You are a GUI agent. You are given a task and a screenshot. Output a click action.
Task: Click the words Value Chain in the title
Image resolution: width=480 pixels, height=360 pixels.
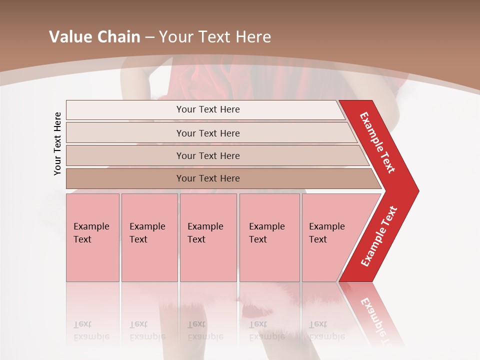tap(94, 37)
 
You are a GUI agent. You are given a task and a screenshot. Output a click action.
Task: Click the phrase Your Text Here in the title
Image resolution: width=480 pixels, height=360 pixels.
tap(215, 37)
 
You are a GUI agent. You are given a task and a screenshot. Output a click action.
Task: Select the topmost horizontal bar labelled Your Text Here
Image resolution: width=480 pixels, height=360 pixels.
tap(208, 109)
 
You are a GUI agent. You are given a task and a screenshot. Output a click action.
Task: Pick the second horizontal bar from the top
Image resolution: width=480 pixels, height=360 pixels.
tap(208, 133)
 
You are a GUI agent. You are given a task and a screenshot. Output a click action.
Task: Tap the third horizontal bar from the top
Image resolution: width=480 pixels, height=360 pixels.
tap(208, 155)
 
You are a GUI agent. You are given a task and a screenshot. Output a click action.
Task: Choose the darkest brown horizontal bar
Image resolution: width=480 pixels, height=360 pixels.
tap(208, 178)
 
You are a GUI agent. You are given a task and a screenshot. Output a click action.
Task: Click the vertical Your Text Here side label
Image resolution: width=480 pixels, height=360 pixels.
tap(57, 143)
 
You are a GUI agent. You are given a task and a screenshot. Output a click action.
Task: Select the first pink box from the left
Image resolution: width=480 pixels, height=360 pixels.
tap(92, 237)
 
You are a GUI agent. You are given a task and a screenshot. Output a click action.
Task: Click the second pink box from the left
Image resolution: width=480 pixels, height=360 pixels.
tap(149, 237)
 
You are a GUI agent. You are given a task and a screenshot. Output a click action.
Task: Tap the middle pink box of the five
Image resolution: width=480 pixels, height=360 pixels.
tap(208, 237)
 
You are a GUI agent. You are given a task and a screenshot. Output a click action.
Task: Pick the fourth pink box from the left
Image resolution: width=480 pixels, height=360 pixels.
tap(269, 237)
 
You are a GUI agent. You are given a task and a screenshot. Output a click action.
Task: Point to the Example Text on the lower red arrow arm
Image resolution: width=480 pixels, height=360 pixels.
tap(379, 236)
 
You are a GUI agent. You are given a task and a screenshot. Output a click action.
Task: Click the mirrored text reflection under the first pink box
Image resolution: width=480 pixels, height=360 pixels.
tap(91, 330)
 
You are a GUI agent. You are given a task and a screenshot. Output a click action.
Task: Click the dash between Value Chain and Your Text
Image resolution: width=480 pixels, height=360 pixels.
tap(149, 37)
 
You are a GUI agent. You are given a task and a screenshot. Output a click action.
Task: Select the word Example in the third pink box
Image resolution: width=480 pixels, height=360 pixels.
tap(205, 226)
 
